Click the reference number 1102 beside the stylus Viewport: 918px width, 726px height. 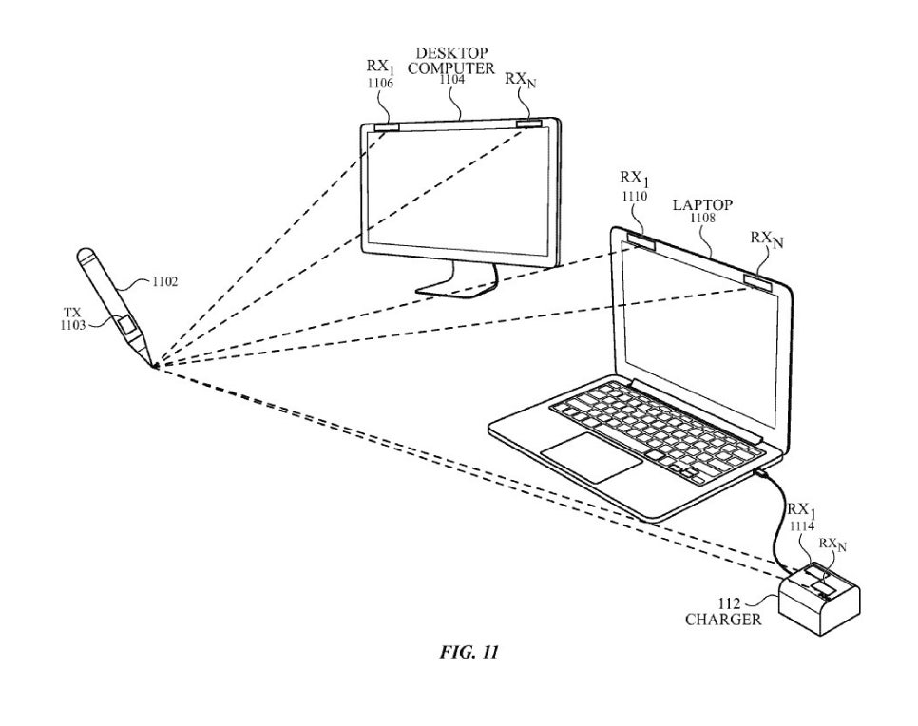[164, 282]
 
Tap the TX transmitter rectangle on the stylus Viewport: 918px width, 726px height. [126, 324]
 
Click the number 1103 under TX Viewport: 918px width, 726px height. [72, 325]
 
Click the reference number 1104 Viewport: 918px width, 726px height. [452, 80]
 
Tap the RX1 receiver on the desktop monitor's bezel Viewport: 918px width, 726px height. [387, 127]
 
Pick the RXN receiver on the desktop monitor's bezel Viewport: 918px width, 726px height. [529, 124]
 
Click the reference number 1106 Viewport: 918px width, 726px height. [380, 84]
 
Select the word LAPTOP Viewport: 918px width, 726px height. [702, 205]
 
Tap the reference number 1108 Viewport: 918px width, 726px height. [702, 219]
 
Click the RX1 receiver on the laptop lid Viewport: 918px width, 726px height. [641, 240]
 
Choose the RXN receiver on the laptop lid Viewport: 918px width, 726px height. [759, 281]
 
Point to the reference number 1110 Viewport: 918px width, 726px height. [635, 196]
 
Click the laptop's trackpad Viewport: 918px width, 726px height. [591, 457]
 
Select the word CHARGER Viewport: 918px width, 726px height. [723, 620]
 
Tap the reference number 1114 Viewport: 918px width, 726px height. [801, 526]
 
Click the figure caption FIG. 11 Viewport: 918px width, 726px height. [469, 652]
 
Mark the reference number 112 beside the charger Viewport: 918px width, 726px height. [730, 603]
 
